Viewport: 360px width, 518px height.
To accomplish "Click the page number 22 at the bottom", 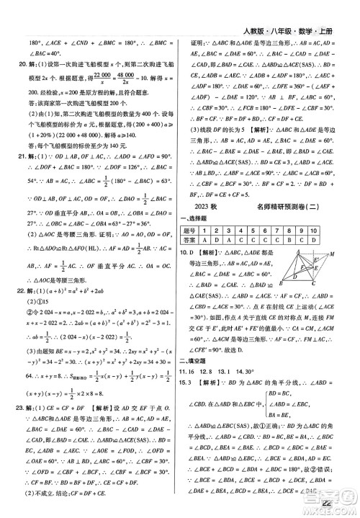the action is point(330,504).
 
